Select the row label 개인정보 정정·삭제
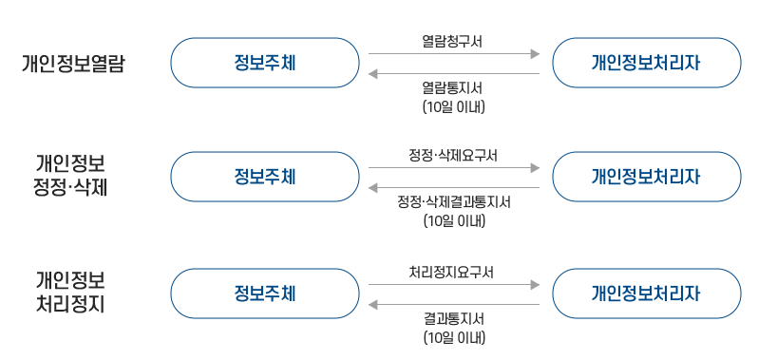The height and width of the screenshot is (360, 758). tap(70, 175)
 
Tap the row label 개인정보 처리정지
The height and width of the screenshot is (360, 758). tap(70, 293)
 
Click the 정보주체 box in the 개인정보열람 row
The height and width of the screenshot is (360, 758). tap(264, 63)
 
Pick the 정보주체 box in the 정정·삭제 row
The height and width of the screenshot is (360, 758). tap(264, 177)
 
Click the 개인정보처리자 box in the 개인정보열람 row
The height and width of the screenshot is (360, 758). tap(646, 63)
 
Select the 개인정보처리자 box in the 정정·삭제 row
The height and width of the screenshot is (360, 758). tap(646, 177)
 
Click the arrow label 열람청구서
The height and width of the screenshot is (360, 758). tap(453, 41)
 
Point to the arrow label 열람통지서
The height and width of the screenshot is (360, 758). tap(453, 88)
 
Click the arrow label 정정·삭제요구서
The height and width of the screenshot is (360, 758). tap(453, 155)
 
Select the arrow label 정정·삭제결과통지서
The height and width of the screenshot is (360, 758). tap(453, 202)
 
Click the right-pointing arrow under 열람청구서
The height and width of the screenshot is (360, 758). tap(453, 54)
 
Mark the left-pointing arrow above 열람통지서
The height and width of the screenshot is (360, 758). tap(453, 73)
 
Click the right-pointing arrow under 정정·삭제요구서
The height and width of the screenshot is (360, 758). tap(453, 168)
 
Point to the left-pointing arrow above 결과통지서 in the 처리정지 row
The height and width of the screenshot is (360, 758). tap(453, 304)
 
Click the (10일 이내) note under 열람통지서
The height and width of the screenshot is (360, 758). tap(453, 107)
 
